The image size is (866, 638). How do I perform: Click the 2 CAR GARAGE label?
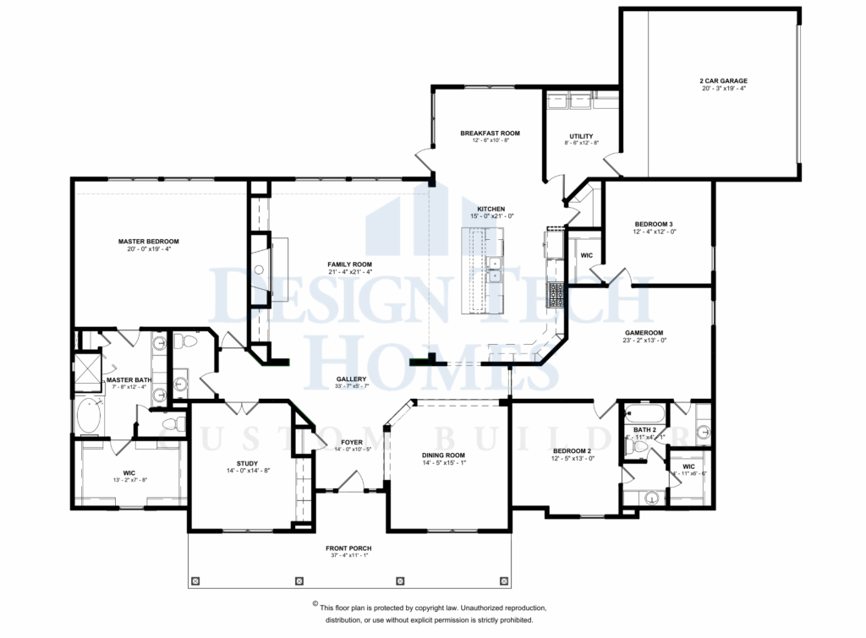(x=723, y=81)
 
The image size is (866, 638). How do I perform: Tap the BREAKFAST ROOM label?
(x=490, y=134)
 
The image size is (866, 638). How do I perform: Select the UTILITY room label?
(x=581, y=136)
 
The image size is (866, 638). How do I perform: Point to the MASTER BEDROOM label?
(x=148, y=242)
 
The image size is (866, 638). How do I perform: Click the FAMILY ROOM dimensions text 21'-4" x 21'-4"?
(x=350, y=272)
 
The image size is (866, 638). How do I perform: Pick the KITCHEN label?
(x=491, y=209)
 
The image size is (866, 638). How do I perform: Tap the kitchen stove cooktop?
(x=556, y=296)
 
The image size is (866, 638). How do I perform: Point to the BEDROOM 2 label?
(x=572, y=450)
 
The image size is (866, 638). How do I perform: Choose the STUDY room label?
(x=247, y=463)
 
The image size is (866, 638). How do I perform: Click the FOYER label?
(x=352, y=442)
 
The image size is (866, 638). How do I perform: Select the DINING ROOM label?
(x=444, y=455)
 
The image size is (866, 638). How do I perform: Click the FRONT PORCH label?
(x=348, y=548)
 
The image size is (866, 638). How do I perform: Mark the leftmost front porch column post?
(x=196, y=581)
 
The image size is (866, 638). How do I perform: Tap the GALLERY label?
(x=350, y=379)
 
